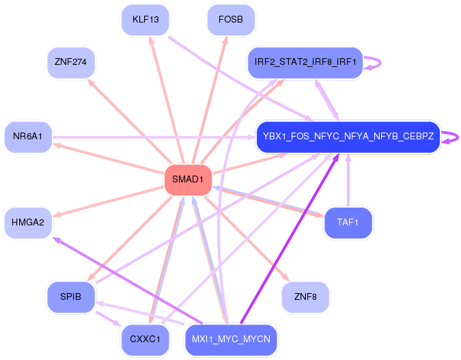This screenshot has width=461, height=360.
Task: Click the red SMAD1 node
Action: tap(188, 180)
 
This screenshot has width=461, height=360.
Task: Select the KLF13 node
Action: tap(145, 20)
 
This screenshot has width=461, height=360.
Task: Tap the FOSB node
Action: tap(231, 20)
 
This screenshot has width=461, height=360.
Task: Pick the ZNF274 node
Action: tap(71, 63)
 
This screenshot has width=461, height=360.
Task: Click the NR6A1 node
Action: tap(28, 137)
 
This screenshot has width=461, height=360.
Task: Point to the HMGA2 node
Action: tap(28, 223)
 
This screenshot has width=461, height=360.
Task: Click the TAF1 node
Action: tap(348, 223)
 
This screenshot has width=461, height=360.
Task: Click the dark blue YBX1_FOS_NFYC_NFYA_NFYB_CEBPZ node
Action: tap(348, 137)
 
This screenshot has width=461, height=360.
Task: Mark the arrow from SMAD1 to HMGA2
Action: tap(109, 199)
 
